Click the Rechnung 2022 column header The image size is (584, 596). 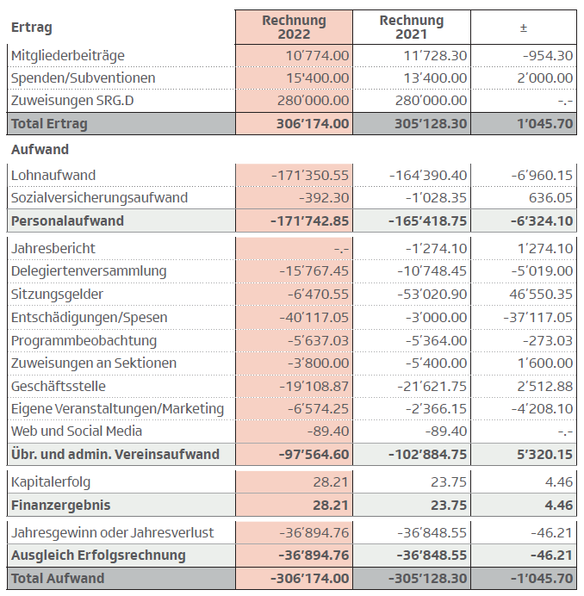pyautogui.click(x=294, y=27)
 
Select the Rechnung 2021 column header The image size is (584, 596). pyautogui.click(x=411, y=27)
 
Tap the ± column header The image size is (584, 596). pyautogui.click(x=523, y=28)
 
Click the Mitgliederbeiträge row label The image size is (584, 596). pyautogui.click(x=68, y=55)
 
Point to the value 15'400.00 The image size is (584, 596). pyautogui.click(x=318, y=78)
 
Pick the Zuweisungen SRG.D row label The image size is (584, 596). pyautogui.click(x=72, y=101)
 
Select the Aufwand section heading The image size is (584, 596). pyautogui.click(x=40, y=150)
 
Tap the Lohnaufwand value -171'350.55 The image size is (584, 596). pyautogui.click(x=309, y=176)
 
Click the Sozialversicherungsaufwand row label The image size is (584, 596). pyautogui.click(x=99, y=198)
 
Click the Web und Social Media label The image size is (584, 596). pyautogui.click(x=77, y=431)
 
